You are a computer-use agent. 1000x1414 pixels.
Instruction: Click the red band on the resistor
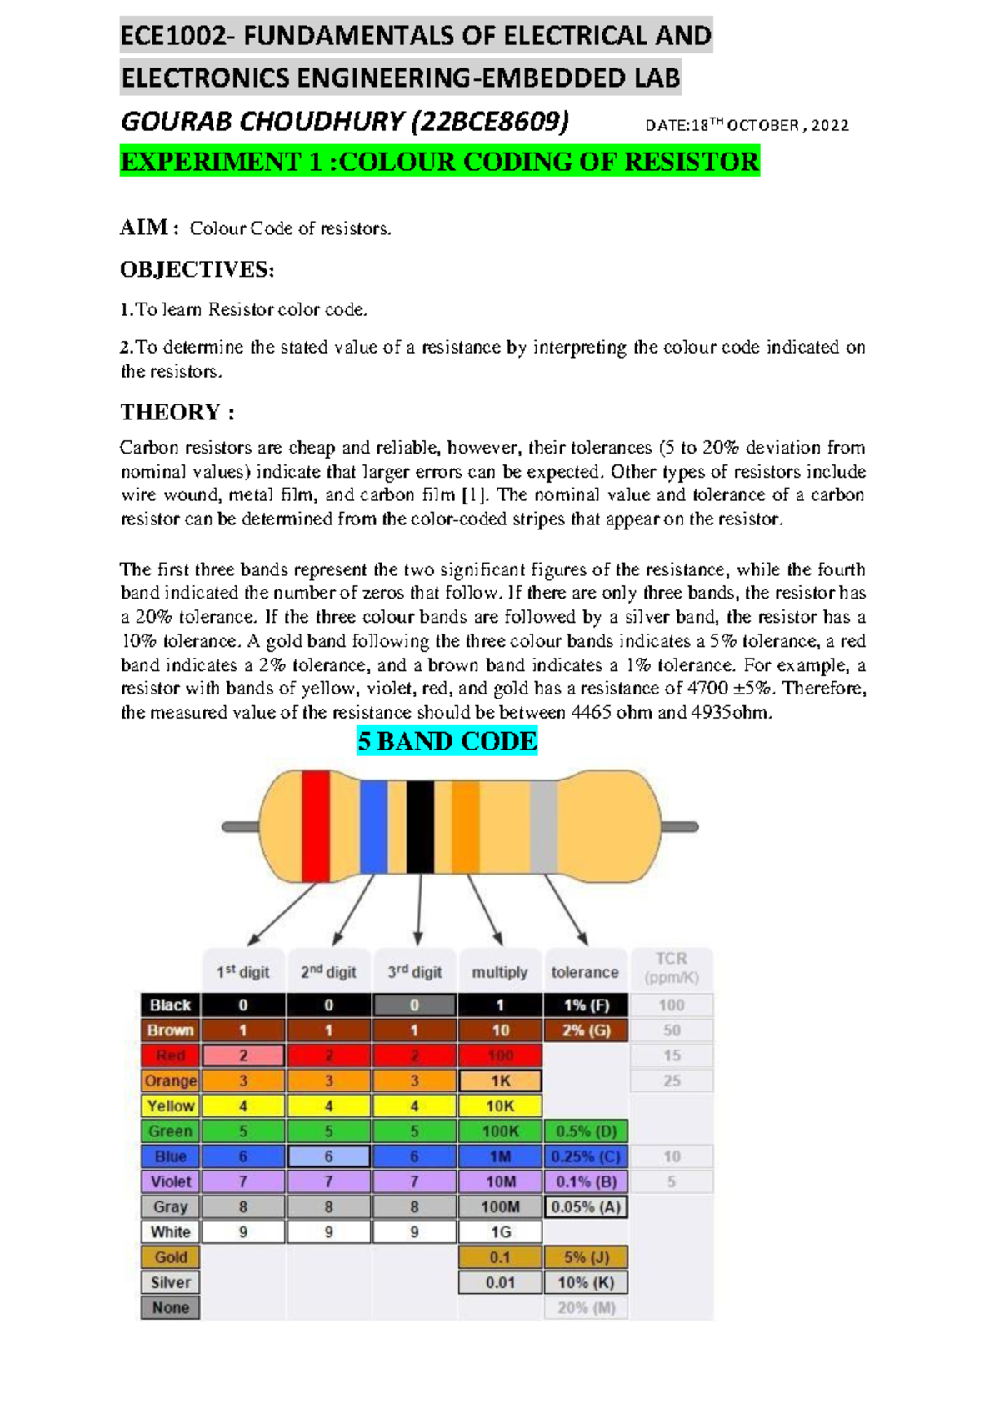coord(315,825)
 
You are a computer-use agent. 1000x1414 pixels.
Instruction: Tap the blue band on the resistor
coord(373,825)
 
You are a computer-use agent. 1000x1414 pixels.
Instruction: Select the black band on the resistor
coord(420,825)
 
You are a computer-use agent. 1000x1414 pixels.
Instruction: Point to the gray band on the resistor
coord(543,825)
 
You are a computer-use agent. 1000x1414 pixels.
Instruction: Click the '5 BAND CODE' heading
coord(447,741)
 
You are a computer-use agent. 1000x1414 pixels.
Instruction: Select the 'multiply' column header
coord(500,972)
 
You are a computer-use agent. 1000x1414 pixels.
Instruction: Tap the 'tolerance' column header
coord(585,972)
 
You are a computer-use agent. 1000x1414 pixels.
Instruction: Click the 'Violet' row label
coord(170,1181)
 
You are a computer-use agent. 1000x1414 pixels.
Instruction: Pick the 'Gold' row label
coord(170,1257)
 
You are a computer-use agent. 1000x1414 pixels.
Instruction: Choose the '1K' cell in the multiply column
coord(500,1081)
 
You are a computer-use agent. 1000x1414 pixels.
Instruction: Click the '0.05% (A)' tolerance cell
coord(586,1206)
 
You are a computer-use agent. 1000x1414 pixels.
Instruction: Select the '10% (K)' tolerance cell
coord(586,1282)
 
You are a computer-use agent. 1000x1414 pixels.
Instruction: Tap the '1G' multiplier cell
coord(500,1231)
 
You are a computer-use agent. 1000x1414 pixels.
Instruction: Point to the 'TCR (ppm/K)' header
coord(672,968)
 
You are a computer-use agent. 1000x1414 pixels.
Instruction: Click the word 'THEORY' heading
coord(169,412)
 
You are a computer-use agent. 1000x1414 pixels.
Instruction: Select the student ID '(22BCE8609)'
coord(490,122)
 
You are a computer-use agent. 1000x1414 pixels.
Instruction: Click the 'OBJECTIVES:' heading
coord(197,269)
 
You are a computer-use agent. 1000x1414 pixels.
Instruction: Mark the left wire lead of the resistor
coord(240,826)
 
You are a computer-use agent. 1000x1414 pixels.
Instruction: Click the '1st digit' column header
coord(243,972)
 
